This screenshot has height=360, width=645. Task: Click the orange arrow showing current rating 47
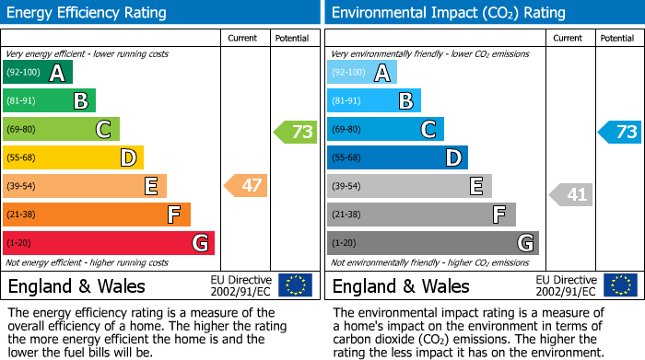tap(246, 186)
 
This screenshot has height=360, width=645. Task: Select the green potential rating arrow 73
tap(296, 132)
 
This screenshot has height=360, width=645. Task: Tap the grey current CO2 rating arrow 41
tap(571, 194)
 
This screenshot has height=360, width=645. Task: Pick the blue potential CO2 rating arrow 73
tap(620, 132)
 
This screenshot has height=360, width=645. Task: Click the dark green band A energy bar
tap(37, 73)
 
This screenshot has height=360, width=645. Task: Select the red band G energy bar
tap(108, 243)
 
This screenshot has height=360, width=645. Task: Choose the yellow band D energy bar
tap(73, 158)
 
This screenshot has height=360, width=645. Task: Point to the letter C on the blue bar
tap(428, 130)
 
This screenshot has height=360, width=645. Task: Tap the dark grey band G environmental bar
tap(432, 243)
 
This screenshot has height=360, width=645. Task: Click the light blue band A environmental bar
tap(361, 73)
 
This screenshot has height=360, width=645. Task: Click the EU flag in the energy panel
tap(295, 285)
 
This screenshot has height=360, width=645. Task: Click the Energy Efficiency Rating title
tap(88, 13)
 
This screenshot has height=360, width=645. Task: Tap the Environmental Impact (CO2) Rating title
tap(448, 13)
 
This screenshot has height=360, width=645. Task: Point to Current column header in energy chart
tap(243, 38)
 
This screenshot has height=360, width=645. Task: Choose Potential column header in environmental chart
tap(617, 38)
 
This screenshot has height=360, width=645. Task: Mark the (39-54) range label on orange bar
tap(22, 187)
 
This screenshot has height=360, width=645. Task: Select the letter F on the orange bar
tap(173, 215)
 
